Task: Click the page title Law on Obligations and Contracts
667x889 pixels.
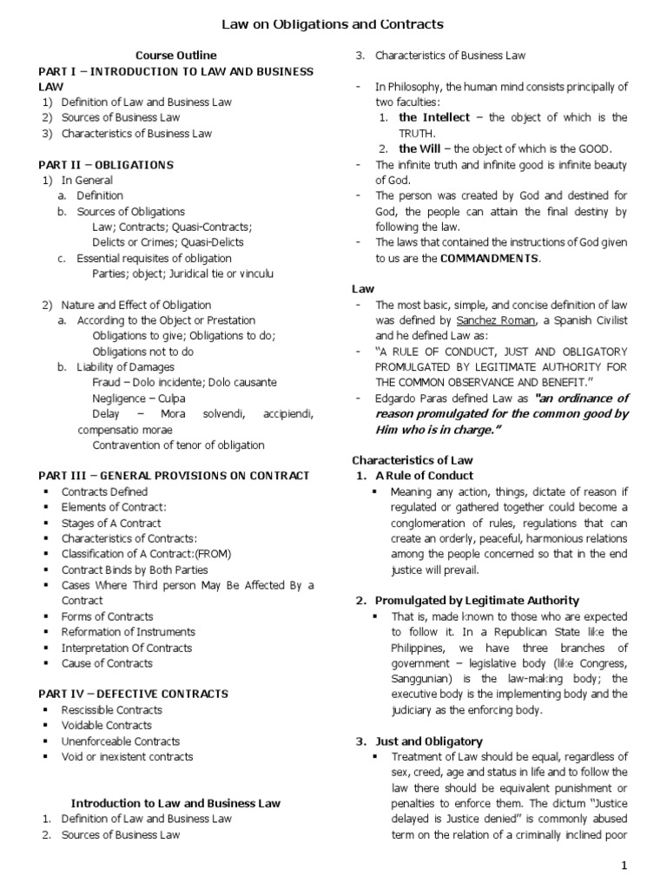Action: pos(333,23)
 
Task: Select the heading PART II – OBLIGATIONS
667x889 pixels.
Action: pos(107,165)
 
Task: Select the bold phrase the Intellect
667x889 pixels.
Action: pos(434,117)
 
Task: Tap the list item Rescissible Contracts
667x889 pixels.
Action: pos(112,709)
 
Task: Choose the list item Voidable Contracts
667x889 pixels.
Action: pos(106,725)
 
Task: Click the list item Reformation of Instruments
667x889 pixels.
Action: pos(129,631)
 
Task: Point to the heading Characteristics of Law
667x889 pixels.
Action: pos(413,459)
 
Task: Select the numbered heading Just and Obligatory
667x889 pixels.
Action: pos(428,741)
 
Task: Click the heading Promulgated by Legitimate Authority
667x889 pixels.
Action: pos(477,600)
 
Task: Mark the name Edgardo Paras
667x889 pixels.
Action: pos(413,398)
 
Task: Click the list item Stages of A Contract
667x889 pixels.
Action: pos(111,523)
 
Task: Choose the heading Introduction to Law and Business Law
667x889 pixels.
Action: pos(175,803)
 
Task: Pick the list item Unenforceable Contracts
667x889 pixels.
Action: pos(121,741)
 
